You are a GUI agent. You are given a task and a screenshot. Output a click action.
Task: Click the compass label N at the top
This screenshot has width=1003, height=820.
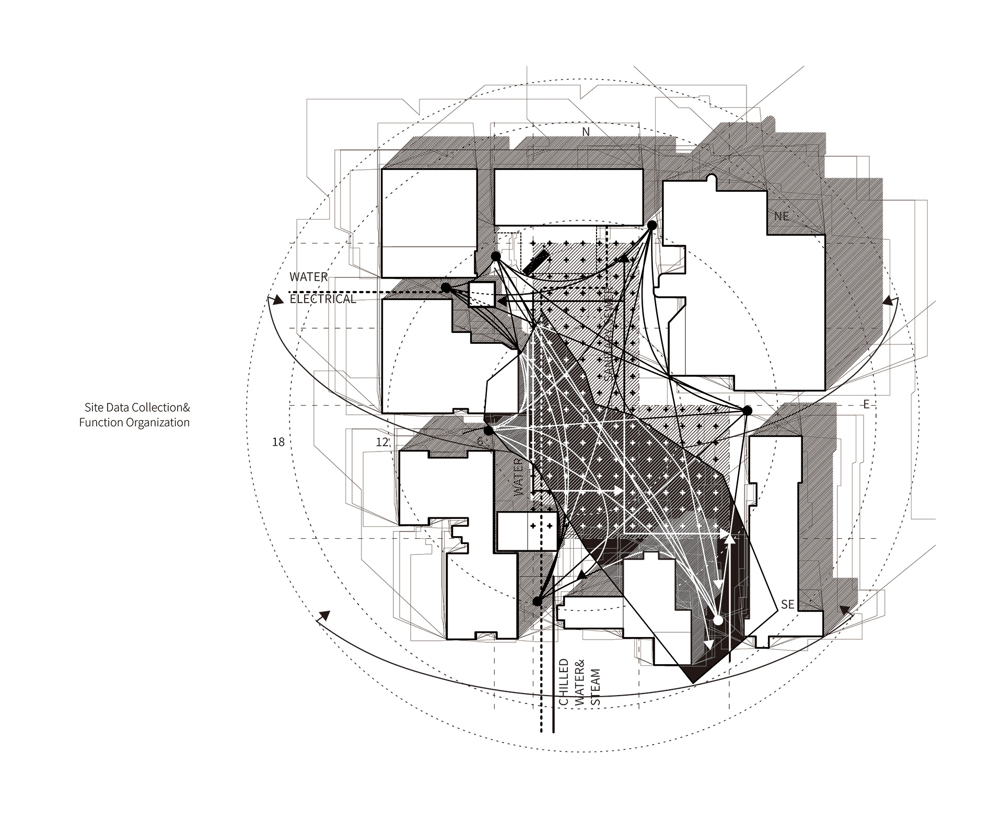point(586,132)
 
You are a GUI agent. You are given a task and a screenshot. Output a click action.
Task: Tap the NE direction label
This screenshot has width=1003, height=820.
point(782,215)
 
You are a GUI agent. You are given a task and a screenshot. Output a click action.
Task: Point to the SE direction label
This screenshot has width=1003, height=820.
point(787,604)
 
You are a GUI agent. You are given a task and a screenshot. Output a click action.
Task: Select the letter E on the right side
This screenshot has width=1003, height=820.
point(866,404)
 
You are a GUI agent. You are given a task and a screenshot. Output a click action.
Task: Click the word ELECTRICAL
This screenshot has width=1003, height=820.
point(323,299)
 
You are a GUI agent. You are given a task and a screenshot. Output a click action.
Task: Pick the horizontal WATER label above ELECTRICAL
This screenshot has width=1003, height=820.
point(309,277)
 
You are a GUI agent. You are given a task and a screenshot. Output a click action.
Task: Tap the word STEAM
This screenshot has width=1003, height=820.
point(596,688)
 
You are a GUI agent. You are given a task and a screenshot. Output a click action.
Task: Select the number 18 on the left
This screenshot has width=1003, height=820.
point(278,442)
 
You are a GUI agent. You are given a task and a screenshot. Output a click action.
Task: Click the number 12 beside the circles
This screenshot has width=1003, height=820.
point(382,442)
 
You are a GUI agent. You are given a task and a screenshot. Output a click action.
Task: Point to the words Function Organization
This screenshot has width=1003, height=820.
point(134,422)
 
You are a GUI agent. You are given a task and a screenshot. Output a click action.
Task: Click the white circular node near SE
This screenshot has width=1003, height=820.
point(718,620)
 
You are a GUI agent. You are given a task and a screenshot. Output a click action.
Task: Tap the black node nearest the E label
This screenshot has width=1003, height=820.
point(747,410)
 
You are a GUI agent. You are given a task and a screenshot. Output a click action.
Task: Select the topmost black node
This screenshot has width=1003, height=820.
point(652,225)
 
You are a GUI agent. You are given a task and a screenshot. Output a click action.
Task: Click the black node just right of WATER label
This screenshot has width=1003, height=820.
point(446,288)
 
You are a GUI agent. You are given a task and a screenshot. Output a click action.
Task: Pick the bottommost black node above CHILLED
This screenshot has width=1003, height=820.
point(537,602)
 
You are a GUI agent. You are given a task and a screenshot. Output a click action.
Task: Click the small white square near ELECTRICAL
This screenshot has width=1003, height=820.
point(482,294)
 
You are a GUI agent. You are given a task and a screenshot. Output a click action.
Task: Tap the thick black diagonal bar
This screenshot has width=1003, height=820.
point(537,263)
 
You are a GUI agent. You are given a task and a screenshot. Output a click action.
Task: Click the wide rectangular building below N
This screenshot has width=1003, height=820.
point(568,197)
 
